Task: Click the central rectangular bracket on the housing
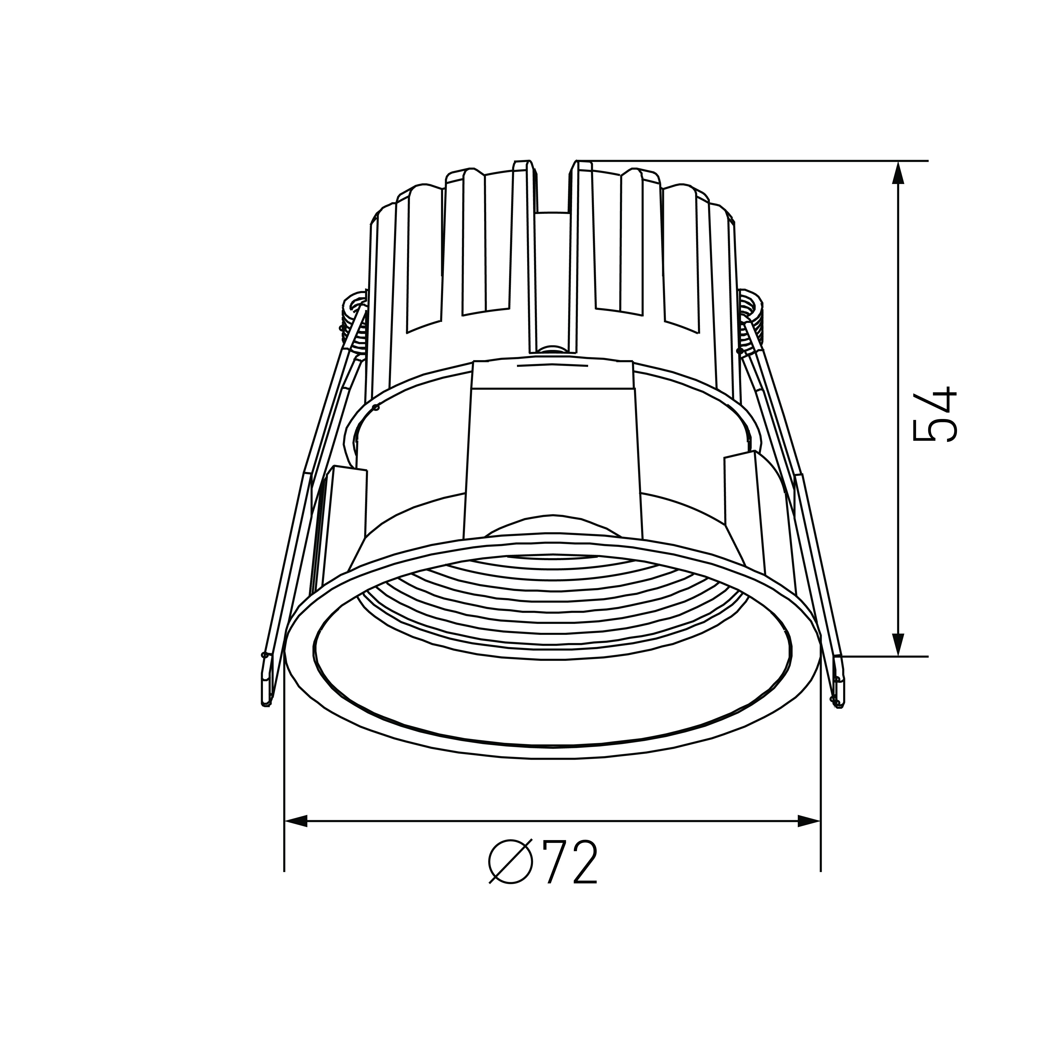click(552, 456)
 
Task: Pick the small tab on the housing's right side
click(743, 484)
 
